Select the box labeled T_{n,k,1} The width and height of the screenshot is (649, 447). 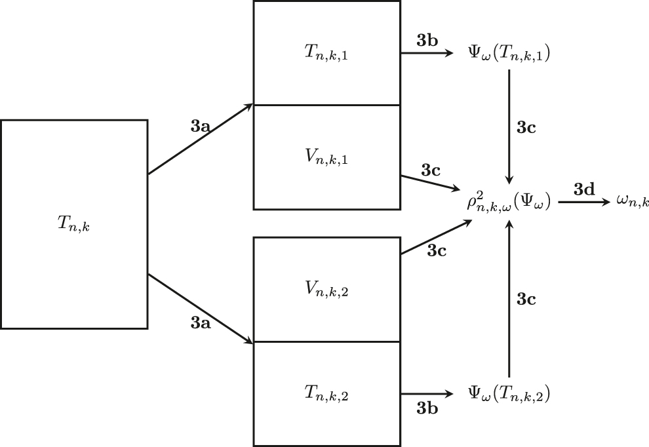click(326, 53)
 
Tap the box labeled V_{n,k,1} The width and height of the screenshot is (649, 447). click(326, 157)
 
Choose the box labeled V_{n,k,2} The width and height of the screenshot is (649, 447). click(326, 289)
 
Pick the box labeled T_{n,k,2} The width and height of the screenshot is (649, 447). click(326, 393)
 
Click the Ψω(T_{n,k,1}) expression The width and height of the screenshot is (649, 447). click(509, 54)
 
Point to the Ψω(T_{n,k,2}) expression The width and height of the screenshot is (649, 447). click(509, 393)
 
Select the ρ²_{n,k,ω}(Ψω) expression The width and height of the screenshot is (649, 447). click(509, 203)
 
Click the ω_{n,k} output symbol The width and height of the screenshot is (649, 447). click(633, 203)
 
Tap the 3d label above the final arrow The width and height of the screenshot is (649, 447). click(584, 190)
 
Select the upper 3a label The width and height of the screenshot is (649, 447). click(200, 126)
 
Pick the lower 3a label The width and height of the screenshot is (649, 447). click(200, 322)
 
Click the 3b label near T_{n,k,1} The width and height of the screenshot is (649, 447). click(427, 39)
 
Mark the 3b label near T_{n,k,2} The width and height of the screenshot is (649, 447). click(427, 408)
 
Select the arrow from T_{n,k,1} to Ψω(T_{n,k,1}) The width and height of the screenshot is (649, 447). click(426, 54)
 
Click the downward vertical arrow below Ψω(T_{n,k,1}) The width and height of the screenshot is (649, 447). click(509, 125)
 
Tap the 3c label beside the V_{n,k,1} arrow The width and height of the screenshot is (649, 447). click(431, 170)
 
